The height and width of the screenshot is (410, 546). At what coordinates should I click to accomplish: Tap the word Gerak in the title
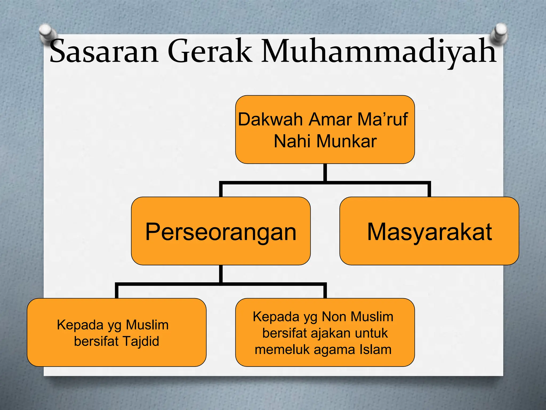pos(210,51)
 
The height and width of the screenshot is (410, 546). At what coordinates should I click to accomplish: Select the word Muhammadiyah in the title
pos(379,51)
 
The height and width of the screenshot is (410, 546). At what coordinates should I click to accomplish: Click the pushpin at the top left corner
pos(47,32)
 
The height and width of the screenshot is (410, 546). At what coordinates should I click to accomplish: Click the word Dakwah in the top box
pos(270,119)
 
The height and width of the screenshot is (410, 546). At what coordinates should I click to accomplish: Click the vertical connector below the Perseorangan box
pos(221,274)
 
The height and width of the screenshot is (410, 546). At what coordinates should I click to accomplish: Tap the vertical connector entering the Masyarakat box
pos(429,190)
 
